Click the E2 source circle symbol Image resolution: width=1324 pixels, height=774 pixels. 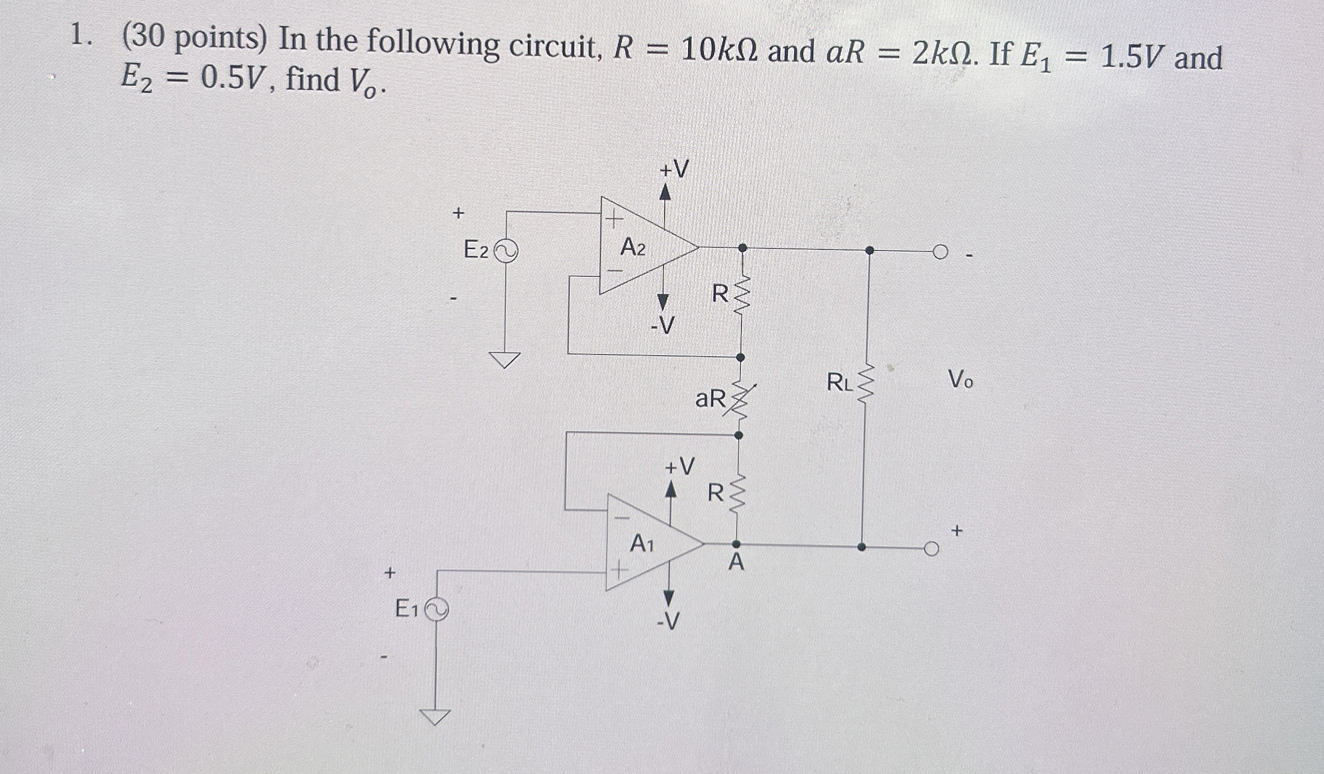[505, 251]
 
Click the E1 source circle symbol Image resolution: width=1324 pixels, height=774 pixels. [437, 610]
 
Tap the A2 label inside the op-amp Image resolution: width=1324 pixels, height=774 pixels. [633, 248]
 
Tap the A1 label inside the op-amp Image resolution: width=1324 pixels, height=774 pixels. [642, 544]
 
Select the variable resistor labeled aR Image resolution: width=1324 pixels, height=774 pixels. [740, 400]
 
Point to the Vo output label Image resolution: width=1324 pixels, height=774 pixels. [961, 380]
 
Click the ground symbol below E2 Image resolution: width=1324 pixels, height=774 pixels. [505, 359]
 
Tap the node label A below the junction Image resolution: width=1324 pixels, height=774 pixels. [737, 563]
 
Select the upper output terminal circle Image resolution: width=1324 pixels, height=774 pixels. [940, 252]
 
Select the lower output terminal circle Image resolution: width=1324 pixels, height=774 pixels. [932, 549]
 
